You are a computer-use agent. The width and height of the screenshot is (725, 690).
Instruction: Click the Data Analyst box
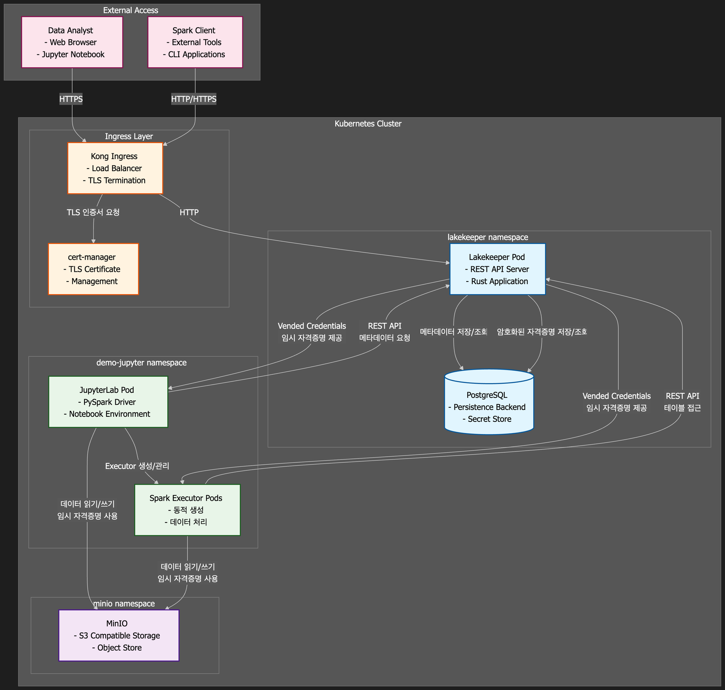72,42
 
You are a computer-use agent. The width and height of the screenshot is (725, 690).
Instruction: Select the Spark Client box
195,42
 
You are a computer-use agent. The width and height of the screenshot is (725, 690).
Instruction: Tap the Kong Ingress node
115,168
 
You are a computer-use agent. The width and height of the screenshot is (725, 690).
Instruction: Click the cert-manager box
93,269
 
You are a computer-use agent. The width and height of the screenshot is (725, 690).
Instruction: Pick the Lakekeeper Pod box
497,269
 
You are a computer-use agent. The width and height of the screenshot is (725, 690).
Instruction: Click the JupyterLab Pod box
108,402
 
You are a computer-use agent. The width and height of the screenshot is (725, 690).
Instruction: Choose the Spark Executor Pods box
187,510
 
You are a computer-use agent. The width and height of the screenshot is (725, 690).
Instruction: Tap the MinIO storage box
119,635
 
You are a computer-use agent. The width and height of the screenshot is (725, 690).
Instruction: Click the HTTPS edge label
71,99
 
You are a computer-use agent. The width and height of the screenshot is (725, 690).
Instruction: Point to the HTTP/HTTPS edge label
194,99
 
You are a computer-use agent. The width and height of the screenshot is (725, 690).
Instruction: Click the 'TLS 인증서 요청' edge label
93,212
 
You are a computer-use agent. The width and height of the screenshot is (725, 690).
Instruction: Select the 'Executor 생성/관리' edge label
137,466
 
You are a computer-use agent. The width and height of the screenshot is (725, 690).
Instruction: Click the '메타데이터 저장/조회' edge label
453,332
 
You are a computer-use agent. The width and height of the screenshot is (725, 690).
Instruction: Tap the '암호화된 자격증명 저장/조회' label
542,332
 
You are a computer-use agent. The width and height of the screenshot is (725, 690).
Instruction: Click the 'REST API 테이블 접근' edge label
682,402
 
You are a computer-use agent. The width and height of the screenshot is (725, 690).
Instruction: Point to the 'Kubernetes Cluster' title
368,124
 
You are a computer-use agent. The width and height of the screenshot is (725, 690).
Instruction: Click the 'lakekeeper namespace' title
488,237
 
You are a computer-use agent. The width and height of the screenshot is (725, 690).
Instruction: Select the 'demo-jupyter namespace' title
141,363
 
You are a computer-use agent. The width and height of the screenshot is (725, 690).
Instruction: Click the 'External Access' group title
130,10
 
